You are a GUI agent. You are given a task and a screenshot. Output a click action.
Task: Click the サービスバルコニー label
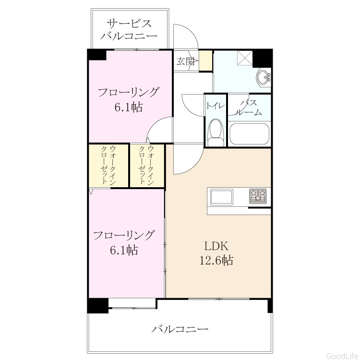[x=129, y=30]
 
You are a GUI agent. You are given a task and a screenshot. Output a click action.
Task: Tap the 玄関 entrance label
[x=186, y=61]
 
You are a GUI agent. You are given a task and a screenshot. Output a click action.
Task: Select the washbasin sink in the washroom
[x=264, y=77]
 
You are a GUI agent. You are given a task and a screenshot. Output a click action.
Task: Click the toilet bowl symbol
[x=216, y=132]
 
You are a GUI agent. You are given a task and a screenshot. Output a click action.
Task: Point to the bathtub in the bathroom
[x=249, y=134]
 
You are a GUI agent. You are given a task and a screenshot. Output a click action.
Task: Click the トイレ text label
[x=215, y=106]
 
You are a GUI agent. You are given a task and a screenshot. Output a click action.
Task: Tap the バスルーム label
[x=249, y=108]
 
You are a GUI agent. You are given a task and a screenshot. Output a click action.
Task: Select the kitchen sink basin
[x=222, y=196]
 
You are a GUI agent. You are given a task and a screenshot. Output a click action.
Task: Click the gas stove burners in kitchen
[x=258, y=196]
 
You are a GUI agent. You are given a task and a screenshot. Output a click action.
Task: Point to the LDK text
[x=216, y=246]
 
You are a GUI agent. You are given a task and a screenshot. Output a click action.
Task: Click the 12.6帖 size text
[x=216, y=261]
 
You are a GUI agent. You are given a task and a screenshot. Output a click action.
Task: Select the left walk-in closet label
[x=108, y=165]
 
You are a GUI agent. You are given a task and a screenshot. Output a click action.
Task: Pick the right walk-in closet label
[x=146, y=165]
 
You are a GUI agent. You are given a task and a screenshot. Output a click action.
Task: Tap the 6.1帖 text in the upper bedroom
[x=129, y=107]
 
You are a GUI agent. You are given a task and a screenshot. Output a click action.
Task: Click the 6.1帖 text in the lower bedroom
[x=124, y=250]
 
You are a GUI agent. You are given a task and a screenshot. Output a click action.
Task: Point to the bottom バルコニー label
[x=180, y=329]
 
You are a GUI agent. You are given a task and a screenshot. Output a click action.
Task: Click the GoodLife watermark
[x=343, y=356]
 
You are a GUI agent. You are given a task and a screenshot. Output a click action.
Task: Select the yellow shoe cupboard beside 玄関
[x=205, y=60]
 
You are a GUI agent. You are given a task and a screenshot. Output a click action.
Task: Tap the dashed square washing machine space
[x=244, y=58]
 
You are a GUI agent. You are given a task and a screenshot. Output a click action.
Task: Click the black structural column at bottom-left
[x=98, y=306]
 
